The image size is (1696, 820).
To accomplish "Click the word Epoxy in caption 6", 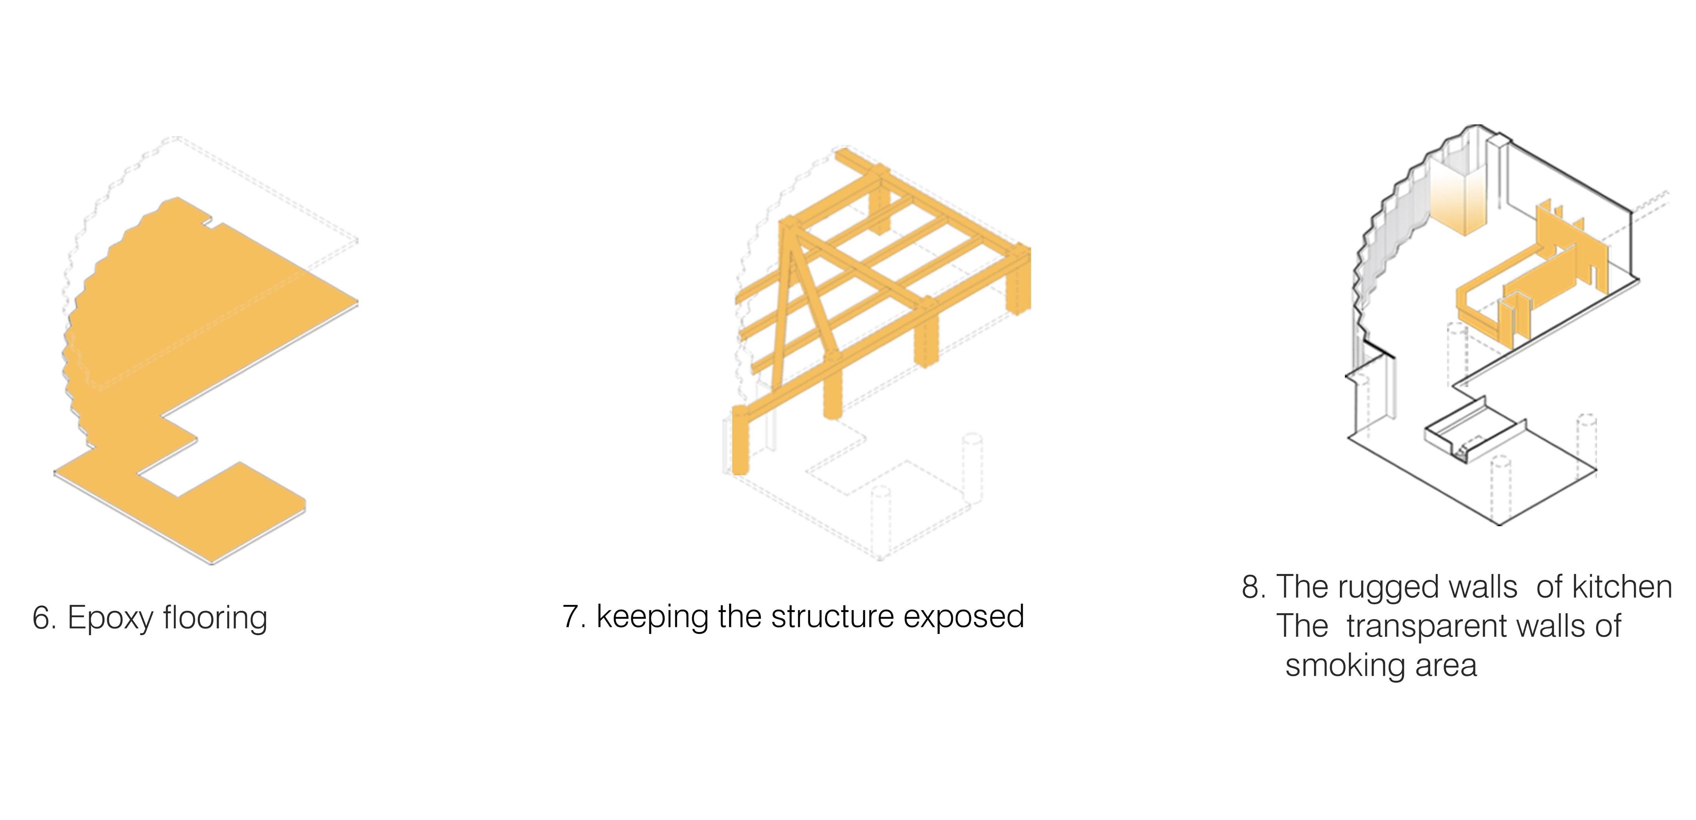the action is tap(111, 619).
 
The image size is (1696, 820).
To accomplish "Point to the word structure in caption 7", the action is tap(832, 617).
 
